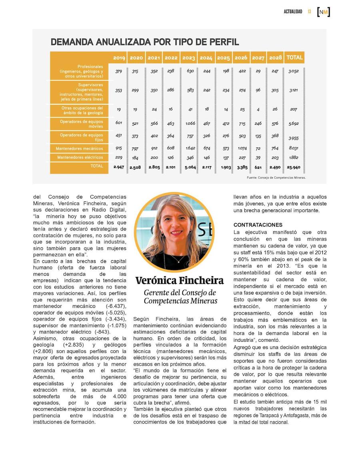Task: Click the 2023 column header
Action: pos(188,58)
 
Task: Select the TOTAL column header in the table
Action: pos(294,58)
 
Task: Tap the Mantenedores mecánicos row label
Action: pos(79,149)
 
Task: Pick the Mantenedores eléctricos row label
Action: pos(80,157)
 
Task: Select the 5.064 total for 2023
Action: pos(190,167)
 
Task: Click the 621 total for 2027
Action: pos(258,167)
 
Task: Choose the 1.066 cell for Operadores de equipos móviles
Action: pos(190,123)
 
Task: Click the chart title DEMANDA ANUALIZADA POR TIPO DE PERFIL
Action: pos(145,42)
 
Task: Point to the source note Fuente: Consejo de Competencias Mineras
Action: pos(276,177)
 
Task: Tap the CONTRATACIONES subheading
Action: pos(258,225)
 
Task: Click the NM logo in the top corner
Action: pos(323,12)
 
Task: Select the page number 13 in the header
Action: pos(309,12)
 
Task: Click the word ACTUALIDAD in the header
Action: pos(293,12)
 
